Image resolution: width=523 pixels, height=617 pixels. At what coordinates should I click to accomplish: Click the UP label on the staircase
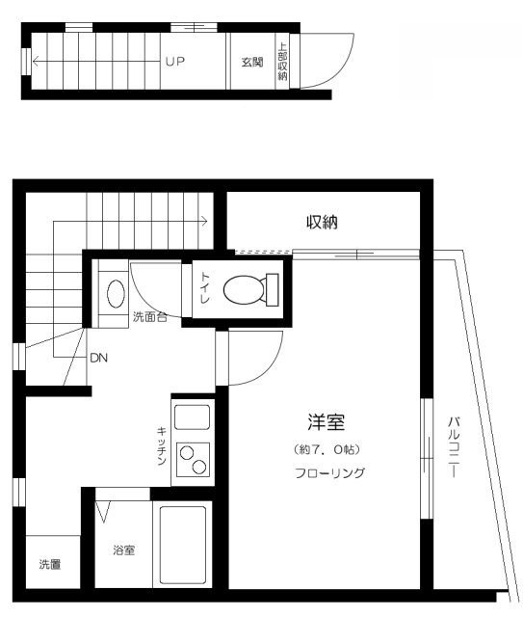(174, 62)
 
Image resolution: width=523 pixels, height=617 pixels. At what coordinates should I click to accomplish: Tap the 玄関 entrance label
(252, 63)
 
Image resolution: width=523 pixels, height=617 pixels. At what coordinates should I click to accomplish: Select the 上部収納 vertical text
(282, 63)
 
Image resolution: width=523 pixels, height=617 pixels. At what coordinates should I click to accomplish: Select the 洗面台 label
(149, 316)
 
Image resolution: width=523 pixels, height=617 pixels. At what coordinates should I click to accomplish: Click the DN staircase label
(99, 358)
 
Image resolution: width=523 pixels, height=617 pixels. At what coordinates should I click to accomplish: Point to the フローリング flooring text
(329, 473)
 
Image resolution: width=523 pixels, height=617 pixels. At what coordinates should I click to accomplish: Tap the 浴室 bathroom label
(123, 550)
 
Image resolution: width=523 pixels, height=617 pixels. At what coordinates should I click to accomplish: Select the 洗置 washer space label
(49, 564)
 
